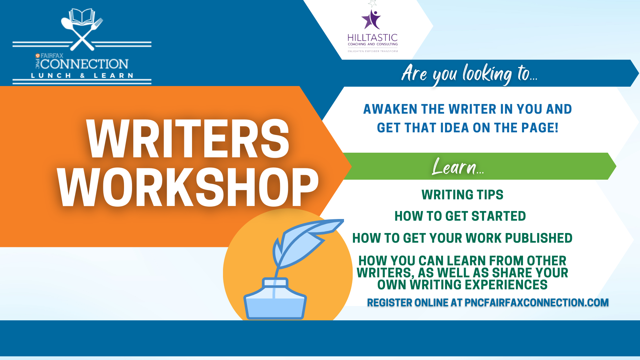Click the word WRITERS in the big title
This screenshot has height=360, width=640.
[188, 139]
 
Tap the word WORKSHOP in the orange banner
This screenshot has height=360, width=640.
[188, 187]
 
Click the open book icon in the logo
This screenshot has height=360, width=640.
[82, 17]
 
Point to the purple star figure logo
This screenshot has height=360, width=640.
[371, 19]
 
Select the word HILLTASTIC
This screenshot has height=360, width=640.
[373, 38]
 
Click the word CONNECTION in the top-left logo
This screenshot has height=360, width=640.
[84, 64]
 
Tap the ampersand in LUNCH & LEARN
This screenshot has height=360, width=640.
[82, 76]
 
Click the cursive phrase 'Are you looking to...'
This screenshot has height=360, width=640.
[469, 74]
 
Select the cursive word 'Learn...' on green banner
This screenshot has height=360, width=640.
[458, 166]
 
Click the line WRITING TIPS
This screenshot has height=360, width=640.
[462, 195]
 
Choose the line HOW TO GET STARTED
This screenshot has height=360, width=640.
[460, 216]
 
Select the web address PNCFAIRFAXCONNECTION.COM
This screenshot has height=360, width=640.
[537, 303]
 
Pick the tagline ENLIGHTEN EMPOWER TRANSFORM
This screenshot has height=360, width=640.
[373, 51]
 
